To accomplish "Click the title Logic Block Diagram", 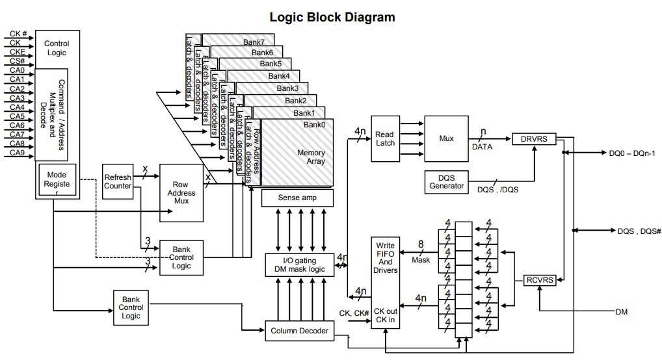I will coord(332,18).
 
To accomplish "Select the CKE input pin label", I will coord(18,51).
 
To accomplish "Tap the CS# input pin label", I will coord(18,60).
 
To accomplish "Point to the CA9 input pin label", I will coord(18,153).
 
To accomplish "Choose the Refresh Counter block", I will coord(118,181).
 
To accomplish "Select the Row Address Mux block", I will coord(181,193).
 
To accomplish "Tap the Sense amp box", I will coord(297,198).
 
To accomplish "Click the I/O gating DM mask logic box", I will coord(300,264).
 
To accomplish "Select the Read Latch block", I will coord(384,139).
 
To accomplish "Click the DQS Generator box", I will coord(447,181).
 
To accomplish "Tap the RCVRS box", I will coord(539,281).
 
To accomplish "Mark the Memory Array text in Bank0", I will coord(311,157).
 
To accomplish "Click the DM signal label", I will coord(621,312).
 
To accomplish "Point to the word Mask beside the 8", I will coord(421,260).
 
